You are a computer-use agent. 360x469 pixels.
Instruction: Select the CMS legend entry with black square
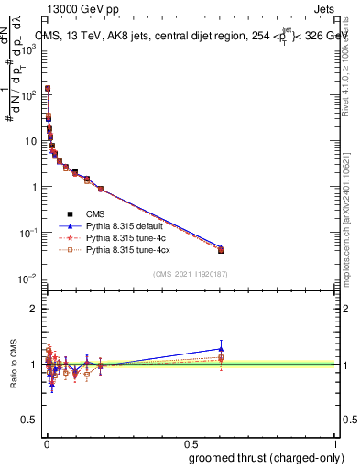pyautogui.click(x=98, y=213)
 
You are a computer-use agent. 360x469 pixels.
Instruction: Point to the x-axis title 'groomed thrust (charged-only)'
pyautogui.click(x=262, y=457)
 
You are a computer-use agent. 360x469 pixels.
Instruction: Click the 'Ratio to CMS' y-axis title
pyautogui.click(x=12, y=365)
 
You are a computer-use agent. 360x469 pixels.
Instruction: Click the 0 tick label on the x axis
pyautogui.click(x=46, y=443)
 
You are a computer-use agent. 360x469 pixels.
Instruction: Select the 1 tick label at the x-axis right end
pyautogui.click(x=335, y=443)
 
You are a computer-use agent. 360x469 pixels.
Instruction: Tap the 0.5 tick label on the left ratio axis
pyautogui.click(x=30, y=420)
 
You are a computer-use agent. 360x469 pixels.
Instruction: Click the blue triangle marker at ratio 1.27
pyautogui.click(x=221, y=348)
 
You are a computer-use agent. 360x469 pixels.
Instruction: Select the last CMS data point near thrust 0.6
pyautogui.click(x=221, y=250)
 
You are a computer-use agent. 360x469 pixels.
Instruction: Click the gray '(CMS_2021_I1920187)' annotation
pyautogui.click(x=191, y=275)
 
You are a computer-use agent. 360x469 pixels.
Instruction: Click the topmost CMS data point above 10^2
pyautogui.click(x=48, y=89)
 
